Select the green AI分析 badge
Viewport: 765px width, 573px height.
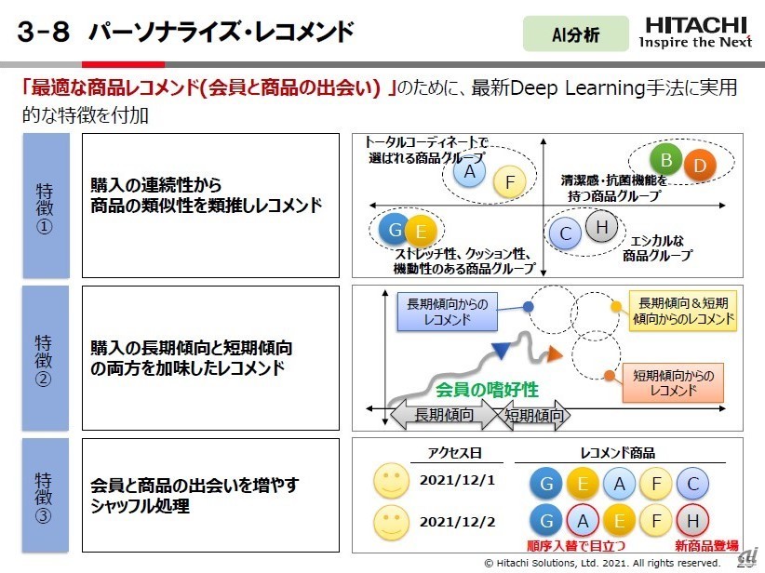575,34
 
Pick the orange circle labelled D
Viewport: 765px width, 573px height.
701,167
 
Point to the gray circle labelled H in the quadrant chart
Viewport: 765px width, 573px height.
602,226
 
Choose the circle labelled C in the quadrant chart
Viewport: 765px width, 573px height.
565,234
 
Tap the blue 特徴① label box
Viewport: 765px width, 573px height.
45,205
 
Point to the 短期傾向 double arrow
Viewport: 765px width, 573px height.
534,415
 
